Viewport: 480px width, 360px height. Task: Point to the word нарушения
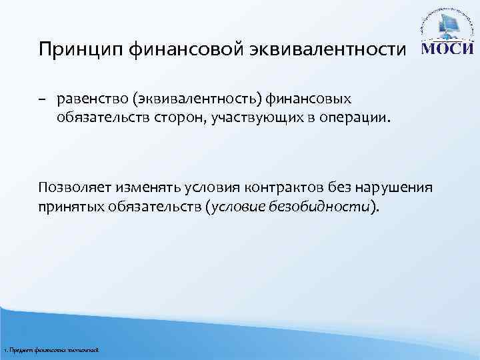(399, 187)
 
